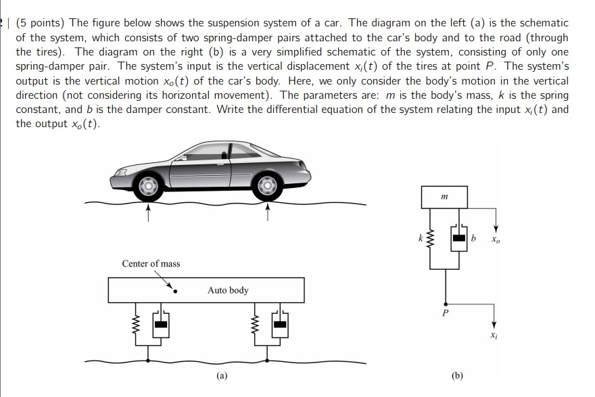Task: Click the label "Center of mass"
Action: click(151, 263)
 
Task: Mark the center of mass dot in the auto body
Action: click(176, 291)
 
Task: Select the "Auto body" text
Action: click(228, 290)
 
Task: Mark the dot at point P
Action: click(445, 303)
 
